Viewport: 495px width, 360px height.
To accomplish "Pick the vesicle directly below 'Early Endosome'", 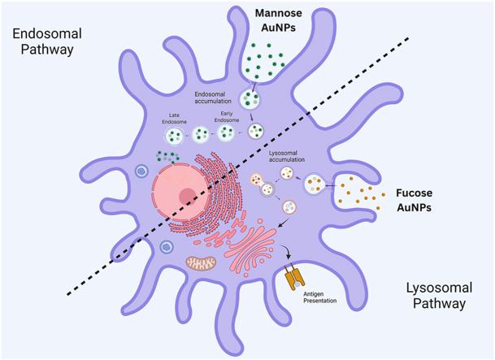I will coord(219,136).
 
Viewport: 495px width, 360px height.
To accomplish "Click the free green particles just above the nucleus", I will coord(168,156).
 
